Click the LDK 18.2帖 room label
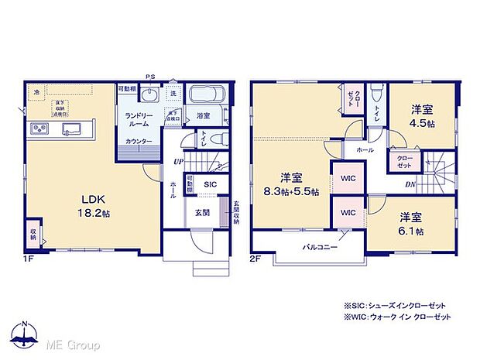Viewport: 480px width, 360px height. [x=86, y=198]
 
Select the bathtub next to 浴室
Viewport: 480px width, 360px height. [x=205, y=95]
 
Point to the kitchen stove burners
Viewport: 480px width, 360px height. [x=39, y=128]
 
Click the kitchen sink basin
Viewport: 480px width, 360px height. [x=72, y=128]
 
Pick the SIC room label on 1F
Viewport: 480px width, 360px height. [x=210, y=184]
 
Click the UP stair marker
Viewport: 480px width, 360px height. [x=179, y=161]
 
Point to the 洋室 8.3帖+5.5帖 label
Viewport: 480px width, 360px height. [x=293, y=187]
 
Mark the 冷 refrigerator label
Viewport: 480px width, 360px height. [x=35, y=92]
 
